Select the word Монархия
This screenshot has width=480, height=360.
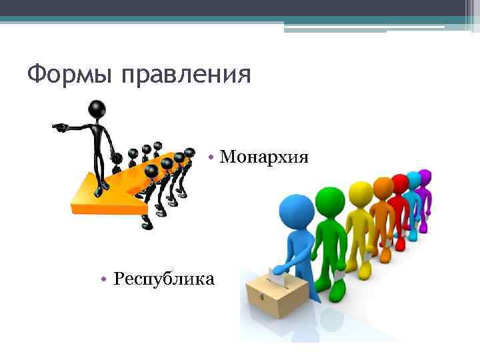(264, 157)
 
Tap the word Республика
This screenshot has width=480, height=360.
(164, 278)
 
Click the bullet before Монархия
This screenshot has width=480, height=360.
(210, 157)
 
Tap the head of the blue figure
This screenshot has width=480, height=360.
(293, 210)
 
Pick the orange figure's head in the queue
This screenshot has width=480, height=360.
(383, 187)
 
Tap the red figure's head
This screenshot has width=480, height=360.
(399, 183)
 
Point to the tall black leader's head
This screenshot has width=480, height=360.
(97, 107)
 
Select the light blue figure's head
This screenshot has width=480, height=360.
(413, 179)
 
